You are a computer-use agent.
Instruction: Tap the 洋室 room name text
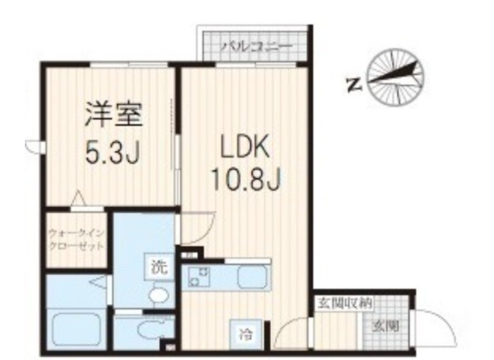point(113,115)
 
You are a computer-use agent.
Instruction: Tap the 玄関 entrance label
point(386,326)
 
